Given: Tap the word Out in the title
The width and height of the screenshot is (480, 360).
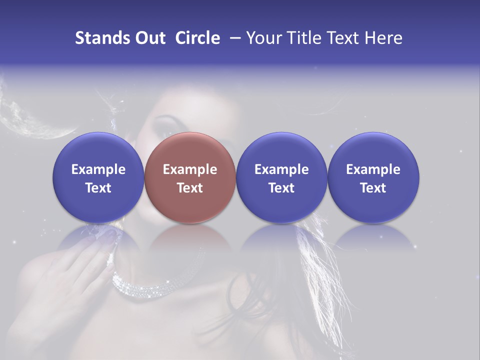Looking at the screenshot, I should tap(150, 38).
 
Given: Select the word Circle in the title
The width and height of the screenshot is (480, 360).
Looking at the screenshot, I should tap(197, 38).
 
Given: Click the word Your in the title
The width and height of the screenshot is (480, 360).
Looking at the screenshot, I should tap(263, 38).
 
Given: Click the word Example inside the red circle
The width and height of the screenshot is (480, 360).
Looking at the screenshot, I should tap(190, 169).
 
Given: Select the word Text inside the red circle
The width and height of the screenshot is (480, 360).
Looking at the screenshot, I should tap(190, 188).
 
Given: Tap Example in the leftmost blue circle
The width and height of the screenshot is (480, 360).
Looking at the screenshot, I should tap(98, 169).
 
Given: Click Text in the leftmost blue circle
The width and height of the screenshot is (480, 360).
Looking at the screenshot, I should tap(98, 188).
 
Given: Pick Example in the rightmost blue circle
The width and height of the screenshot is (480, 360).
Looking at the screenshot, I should tap(373, 169).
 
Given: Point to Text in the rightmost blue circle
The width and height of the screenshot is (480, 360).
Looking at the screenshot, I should tap(373, 188).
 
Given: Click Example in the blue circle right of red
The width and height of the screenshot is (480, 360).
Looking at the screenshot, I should tap(281, 169).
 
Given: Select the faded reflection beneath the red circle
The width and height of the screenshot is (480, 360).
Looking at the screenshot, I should tap(190, 240).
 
